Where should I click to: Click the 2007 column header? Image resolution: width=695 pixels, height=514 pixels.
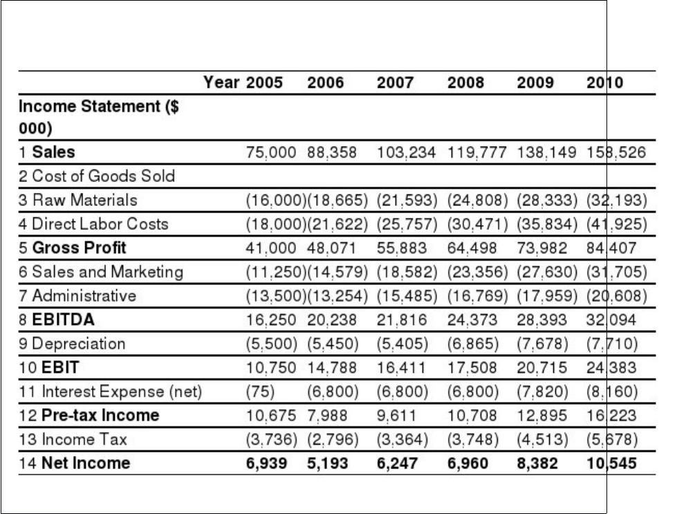coord(395,82)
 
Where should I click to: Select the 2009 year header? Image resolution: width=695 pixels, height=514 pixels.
coord(535,82)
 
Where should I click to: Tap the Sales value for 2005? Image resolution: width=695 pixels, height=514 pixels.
coord(271,152)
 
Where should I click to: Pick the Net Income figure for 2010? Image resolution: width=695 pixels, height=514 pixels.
coord(611,463)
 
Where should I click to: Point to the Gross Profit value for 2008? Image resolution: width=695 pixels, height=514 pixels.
coord(472,248)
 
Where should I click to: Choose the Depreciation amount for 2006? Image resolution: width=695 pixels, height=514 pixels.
coord(333,344)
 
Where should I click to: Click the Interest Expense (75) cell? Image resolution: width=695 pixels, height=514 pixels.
coord(260,392)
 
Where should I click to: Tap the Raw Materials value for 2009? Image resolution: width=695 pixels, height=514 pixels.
coord(547,200)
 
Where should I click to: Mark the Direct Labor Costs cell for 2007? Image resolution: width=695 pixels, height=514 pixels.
coord(407,224)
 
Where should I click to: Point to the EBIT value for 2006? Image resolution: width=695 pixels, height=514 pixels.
coord(331,367)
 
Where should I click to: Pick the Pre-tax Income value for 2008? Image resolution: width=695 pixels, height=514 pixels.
coord(472,416)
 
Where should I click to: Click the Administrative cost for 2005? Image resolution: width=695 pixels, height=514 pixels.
coord(276,296)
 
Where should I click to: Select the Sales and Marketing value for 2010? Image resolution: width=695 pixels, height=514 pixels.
coord(617,272)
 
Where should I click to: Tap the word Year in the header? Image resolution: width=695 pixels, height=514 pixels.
coord(221,82)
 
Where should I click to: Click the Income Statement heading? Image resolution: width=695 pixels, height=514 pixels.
coord(99,117)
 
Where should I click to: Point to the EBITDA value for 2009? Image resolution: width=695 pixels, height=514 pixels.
coord(541,320)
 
